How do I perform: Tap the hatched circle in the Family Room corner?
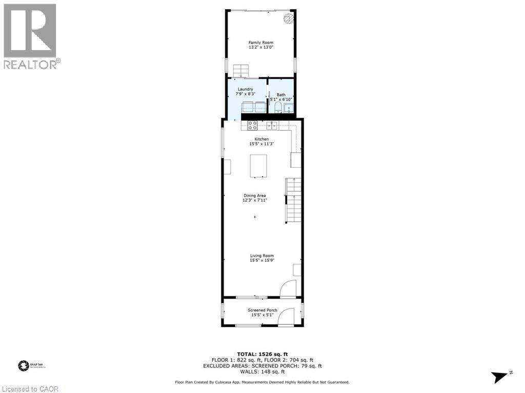point(289,19)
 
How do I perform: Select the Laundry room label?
point(245,89)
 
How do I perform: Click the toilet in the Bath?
point(277,107)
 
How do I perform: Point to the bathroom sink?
point(289,108)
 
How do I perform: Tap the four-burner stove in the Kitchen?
point(253,125)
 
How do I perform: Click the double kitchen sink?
point(271,125)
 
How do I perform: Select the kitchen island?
point(258,166)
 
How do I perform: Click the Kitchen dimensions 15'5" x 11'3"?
point(261,144)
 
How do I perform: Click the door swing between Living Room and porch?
point(289,288)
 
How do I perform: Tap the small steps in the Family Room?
point(240,71)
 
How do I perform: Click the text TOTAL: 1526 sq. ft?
point(262,354)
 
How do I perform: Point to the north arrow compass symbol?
point(501,377)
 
